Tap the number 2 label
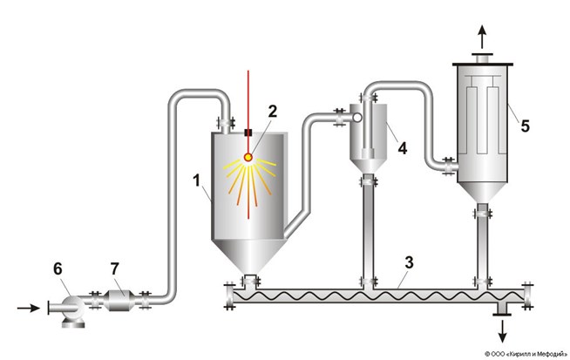pyautogui.click(x=272, y=111)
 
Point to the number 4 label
pyautogui.click(x=402, y=148)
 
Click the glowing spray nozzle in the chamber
pyautogui.click(x=248, y=158)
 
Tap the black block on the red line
pyautogui.click(x=248, y=132)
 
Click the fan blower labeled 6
pyautogui.click(x=68, y=310)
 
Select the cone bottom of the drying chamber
pyautogui.click(x=248, y=253)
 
